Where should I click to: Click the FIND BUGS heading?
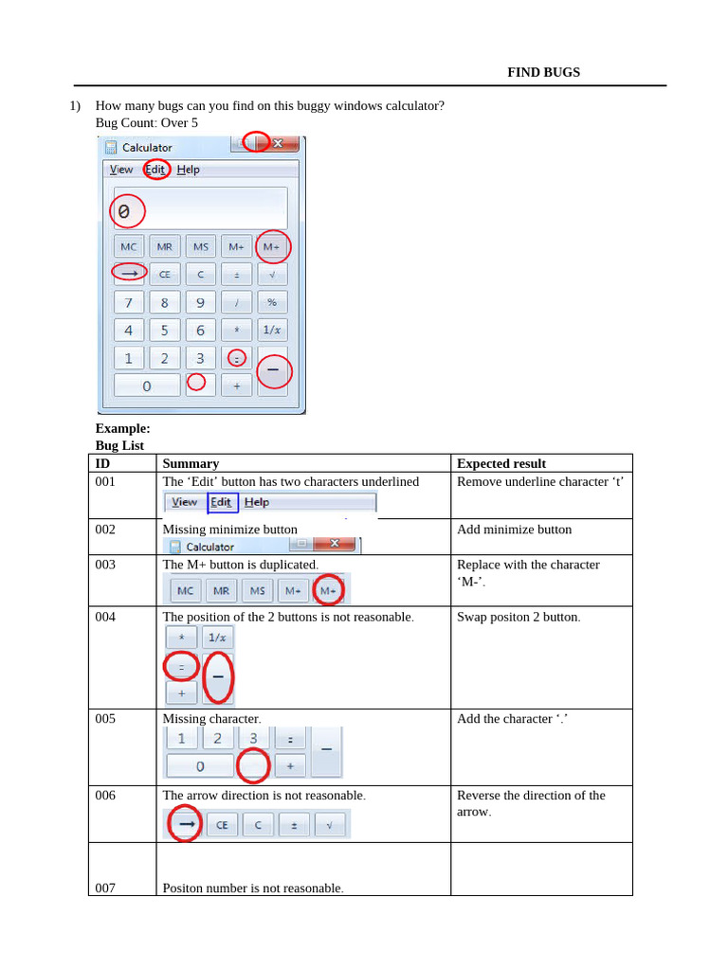click(543, 72)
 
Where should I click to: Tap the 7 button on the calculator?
click(129, 302)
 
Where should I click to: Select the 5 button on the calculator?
click(164, 330)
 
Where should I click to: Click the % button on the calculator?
click(272, 302)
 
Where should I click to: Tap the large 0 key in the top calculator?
click(147, 386)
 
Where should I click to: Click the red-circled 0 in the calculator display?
click(124, 211)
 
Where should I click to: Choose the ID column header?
click(103, 463)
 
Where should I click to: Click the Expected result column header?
click(500, 463)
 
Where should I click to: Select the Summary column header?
click(191, 463)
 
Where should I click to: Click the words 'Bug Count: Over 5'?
click(147, 122)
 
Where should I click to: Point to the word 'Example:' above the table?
click(122, 428)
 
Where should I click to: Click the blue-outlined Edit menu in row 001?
click(222, 502)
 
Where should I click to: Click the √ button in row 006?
click(330, 825)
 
